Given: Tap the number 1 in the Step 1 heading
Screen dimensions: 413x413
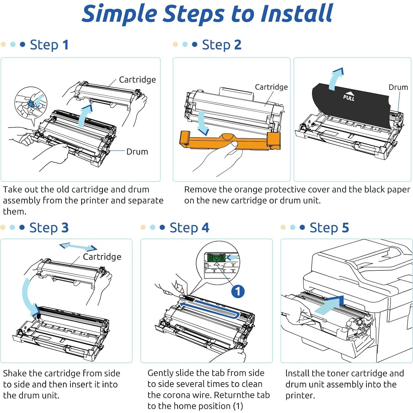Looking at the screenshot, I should click(65, 45).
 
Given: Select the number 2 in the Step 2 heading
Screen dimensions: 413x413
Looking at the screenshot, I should click(238, 45).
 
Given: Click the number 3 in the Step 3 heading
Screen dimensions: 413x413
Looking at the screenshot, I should click(65, 228).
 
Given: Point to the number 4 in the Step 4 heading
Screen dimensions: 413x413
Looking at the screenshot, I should click(205, 228).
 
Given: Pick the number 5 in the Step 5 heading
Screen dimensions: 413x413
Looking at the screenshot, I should click(345, 228).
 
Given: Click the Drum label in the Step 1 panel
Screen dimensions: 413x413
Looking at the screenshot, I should click(137, 151).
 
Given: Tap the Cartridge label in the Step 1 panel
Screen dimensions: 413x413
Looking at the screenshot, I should click(137, 79).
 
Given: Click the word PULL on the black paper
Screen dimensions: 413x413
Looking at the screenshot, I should click(349, 97).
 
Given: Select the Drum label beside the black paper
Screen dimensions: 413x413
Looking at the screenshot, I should click(398, 87).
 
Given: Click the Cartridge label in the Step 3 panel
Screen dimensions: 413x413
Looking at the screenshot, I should click(102, 257).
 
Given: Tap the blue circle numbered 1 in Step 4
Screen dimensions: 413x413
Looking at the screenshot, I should click(238, 291).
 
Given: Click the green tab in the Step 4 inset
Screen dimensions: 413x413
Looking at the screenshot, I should click(216, 258).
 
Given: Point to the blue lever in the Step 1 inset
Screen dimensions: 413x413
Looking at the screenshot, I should click(31, 104).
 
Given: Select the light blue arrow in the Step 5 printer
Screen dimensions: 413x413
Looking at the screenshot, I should click(330, 305).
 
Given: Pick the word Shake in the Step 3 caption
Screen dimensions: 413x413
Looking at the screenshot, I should click(15, 373).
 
